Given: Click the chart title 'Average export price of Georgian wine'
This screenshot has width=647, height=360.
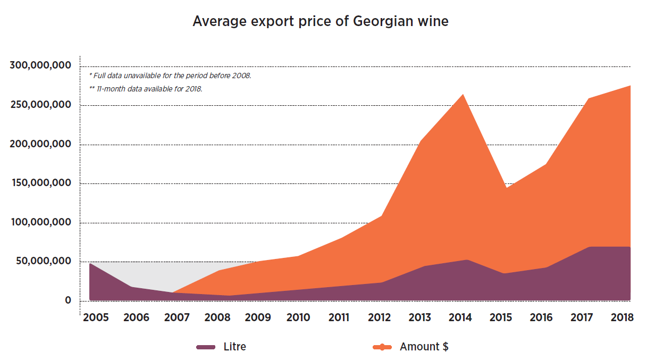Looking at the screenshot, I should [320, 22].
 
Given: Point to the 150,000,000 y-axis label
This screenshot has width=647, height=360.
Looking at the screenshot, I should [40, 183].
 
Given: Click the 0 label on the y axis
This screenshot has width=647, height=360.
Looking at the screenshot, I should [68, 300].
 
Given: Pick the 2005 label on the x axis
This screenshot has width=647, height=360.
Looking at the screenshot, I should [96, 317].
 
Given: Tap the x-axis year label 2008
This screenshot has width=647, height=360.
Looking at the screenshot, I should [217, 317].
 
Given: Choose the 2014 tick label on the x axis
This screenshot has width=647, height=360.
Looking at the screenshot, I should [460, 317].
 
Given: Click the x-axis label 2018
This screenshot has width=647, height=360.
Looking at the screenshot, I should [622, 317].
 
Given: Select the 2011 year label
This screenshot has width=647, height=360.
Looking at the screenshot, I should [339, 317].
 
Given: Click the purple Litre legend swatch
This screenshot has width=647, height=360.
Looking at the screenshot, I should [206, 347].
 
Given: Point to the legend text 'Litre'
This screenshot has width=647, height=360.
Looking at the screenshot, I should [234, 347].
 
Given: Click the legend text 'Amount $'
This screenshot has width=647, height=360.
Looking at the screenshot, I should [424, 347].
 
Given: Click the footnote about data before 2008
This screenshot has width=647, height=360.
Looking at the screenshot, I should [170, 76].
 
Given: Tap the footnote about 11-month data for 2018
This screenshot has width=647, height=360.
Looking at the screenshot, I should [146, 89].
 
